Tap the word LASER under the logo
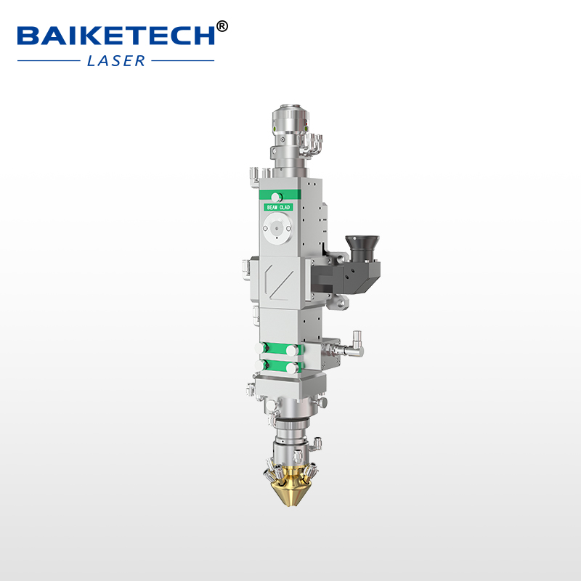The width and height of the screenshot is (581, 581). (116, 61)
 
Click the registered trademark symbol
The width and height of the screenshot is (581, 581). (222, 27)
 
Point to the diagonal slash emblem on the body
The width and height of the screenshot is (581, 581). (277, 279)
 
